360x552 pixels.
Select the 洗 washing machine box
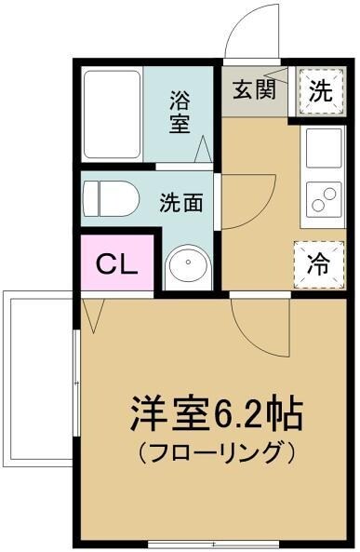click(319, 91)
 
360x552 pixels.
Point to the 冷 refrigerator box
click(316, 263)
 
